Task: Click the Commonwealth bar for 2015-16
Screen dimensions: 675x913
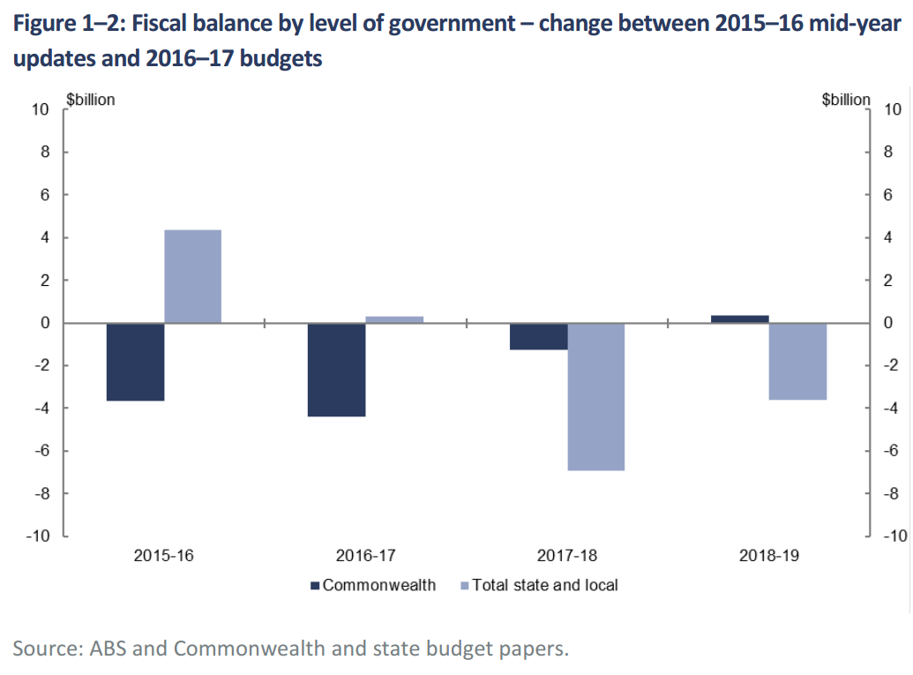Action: point(136,362)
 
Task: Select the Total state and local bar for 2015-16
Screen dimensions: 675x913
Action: point(193,276)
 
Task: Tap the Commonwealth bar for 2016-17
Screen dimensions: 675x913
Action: point(336,370)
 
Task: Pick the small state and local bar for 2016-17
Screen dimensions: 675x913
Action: point(394,319)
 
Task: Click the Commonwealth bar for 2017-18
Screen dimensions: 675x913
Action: point(538,336)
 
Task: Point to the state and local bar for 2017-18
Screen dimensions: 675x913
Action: point(595,396)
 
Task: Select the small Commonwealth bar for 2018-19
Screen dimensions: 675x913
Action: point(739,319)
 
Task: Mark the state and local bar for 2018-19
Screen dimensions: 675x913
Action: point(797,361)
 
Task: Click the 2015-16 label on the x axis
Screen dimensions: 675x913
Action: point(164,557)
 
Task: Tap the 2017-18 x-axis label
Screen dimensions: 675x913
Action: point(566,557)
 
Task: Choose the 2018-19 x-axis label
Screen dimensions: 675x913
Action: point(768,557)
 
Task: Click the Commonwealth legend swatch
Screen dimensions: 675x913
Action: point(314,585)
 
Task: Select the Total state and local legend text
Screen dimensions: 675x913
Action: point(545,585)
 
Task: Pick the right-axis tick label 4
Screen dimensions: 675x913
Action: point(887,237)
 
